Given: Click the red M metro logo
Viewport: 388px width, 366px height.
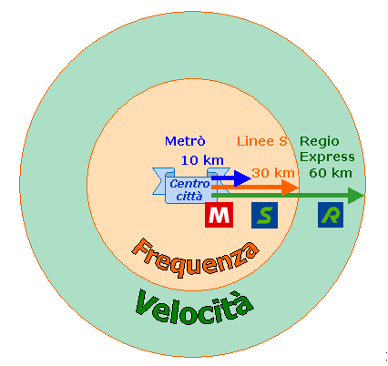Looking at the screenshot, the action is [x=219, y=215].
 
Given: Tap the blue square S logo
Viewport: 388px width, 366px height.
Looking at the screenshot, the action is [x=264, y=215].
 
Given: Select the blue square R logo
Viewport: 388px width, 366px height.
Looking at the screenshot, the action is [x=331, y=215].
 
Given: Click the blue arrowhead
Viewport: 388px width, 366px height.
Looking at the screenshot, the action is [x=242, y=178].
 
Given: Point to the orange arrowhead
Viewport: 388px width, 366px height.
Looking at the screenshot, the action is [x=290, y=188].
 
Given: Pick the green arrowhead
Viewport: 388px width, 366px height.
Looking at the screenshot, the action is [x=356, y=196].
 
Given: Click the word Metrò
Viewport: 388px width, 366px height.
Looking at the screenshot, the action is [x=185, y=141].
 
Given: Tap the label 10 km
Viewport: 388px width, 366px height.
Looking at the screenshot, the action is [x=202, y=160].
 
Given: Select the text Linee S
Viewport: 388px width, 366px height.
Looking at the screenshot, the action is [x=261, y=141].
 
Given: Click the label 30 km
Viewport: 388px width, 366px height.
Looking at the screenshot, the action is [x=273, y=173].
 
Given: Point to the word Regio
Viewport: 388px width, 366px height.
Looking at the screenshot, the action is [x=320, y=142].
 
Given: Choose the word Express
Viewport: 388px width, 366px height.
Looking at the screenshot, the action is [x=327, y=158].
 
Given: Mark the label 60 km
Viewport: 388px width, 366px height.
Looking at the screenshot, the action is [x=331, y=173].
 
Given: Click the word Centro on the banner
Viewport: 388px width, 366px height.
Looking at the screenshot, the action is [x=189, y=184].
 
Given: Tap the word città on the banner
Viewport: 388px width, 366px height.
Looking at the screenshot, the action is [x=189, y=197].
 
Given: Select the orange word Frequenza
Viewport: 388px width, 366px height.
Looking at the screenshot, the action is [x=194, y=258].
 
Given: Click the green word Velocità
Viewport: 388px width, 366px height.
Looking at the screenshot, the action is [x=194, y=307].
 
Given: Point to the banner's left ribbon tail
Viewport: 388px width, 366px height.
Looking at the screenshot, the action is [x=160, y=181].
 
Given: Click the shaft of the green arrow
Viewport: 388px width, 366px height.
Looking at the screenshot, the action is [x=280, y=196].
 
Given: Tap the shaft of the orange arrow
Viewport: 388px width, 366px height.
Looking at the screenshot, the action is [x=247, y=188].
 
